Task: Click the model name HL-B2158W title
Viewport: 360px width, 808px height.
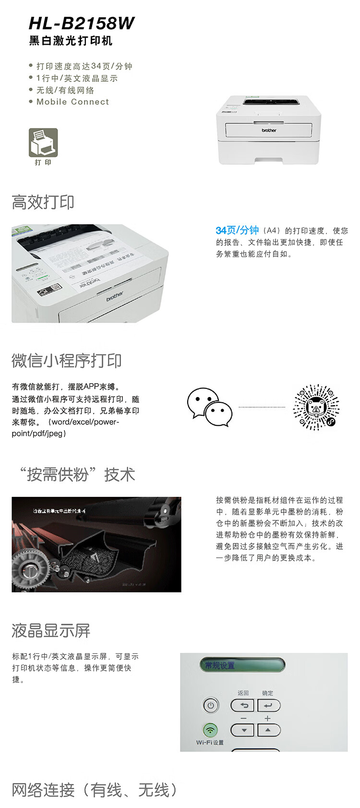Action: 82,23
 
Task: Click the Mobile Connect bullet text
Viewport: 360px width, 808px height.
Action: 72,102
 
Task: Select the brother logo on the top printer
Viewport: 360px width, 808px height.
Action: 269,130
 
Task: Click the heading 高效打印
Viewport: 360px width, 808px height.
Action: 43,202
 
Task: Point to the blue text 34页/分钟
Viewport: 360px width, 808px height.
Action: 237,230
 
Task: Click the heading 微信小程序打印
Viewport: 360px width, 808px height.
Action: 67,361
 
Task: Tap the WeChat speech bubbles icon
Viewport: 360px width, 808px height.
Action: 209,408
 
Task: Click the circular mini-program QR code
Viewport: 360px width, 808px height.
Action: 316,407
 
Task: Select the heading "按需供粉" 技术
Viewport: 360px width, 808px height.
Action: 77,474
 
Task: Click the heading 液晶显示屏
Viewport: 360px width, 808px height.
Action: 51,630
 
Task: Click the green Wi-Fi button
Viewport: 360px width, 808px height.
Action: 210,730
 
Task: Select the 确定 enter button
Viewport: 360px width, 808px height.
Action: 268,705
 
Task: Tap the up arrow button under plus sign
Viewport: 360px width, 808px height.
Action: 268,730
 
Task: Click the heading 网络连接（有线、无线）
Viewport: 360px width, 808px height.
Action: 95,790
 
